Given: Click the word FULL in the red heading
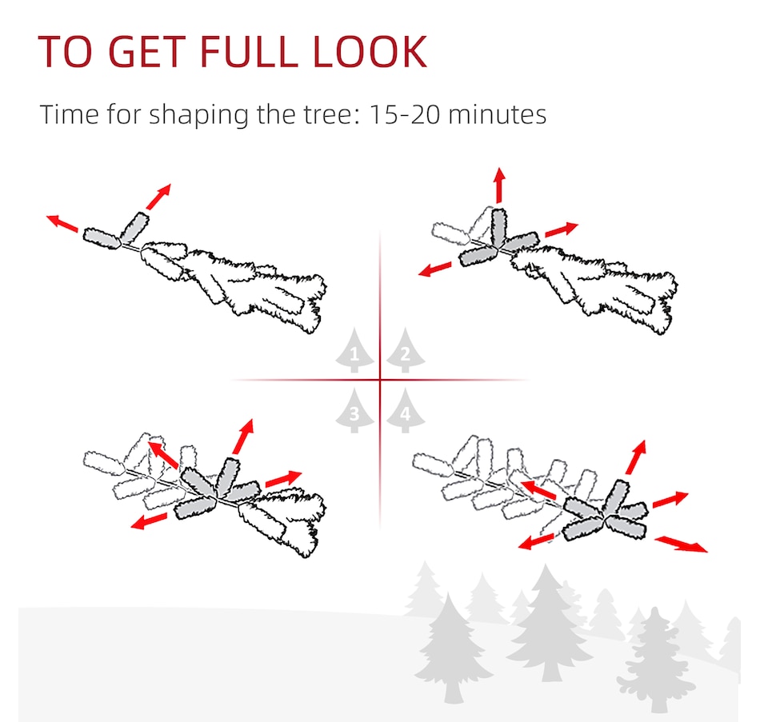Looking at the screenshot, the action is tap(248, 51).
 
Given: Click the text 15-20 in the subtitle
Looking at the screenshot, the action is tap(404, 115).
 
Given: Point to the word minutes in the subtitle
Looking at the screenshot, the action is tap(498, 115).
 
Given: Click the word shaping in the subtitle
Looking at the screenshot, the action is tap(199, 116).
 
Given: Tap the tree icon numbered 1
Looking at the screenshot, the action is tap(354, 350).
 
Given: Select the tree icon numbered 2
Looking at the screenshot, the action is tap(406, 350).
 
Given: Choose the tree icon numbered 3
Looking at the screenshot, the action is tap(354, 410).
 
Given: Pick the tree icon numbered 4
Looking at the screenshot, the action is tap(406, 410).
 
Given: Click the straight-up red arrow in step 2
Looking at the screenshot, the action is tap(500, 185).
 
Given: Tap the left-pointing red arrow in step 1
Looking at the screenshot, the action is tap(62, 223).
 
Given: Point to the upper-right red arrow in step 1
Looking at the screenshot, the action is tap(158, 197).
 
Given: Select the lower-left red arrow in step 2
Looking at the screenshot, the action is tap(434, 269).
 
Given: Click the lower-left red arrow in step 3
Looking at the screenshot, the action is tap(149, 521).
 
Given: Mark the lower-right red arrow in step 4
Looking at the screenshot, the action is tap(681, 544).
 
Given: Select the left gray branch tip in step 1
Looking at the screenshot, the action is tap(102, 238).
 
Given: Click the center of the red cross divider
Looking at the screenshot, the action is tap(380, 380).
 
